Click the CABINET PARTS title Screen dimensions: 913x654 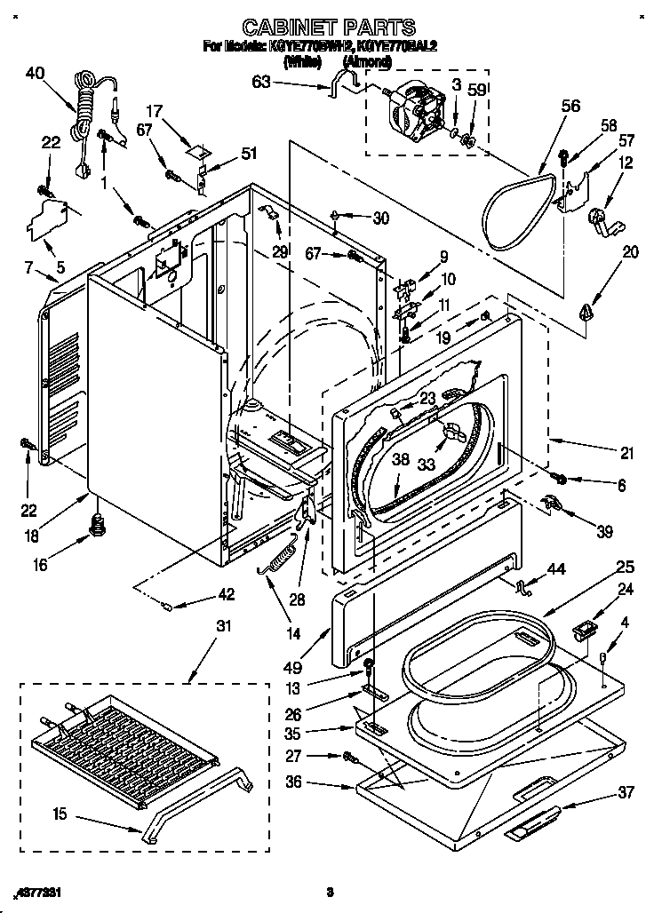click(x=328, y=27)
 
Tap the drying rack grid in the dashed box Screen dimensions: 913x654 click(x=124, y=745)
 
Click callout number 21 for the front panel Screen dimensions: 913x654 click(x=626, y=453)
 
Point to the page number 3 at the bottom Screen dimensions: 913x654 click(x=329, y=891)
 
